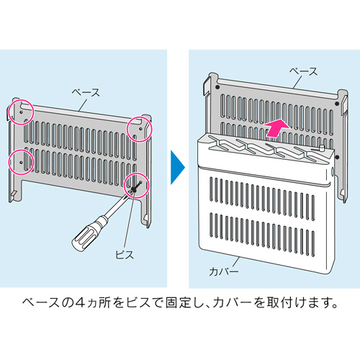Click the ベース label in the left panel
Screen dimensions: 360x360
[86, 92]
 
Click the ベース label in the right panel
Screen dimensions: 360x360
[304, 71]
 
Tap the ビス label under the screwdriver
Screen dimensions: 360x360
[125, 254]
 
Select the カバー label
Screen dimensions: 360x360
[224, 271]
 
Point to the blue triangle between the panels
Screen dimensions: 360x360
[178, 168]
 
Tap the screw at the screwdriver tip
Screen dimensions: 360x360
[135, 187]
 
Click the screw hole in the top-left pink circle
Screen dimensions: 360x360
[21, 112]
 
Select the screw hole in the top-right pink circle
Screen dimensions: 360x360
[140, 129]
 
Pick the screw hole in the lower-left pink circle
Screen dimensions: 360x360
[21, 162]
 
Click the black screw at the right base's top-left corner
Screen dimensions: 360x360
[217, 87]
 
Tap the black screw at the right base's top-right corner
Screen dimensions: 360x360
[337, 104]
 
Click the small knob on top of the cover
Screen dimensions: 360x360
[322, 148]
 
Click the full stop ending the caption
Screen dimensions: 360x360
[334, 307]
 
